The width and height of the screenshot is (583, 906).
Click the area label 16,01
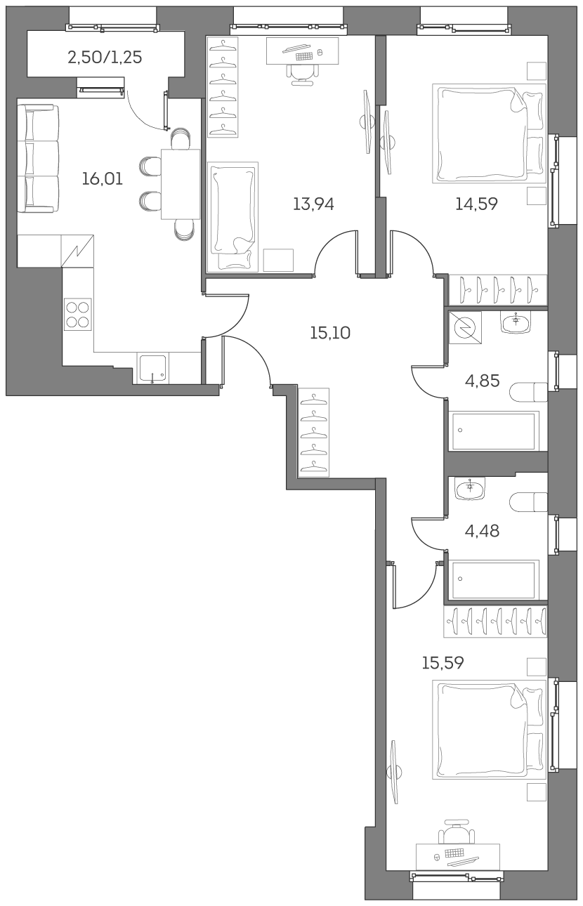pos(102,179)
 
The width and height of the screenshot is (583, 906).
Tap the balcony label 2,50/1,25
pos(105,58)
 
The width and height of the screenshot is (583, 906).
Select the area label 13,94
pos(313,204)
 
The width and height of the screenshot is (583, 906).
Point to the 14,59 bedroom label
pos(476,204)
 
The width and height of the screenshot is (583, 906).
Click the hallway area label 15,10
pos(329,333)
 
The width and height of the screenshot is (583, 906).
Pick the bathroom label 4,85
pos(483,381)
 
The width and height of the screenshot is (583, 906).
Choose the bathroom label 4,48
pos(483,531)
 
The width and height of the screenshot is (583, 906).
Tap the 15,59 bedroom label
pos(443,663)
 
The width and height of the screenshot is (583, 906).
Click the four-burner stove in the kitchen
pos(78,315)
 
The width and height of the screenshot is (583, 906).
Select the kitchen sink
pos(152,368)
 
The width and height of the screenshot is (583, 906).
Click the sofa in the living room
pos(37,158)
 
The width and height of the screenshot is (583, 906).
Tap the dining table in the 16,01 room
pos(181,184)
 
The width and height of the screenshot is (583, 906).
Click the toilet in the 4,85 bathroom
pos(530,392)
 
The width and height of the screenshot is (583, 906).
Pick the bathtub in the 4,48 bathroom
pos(495,579)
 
